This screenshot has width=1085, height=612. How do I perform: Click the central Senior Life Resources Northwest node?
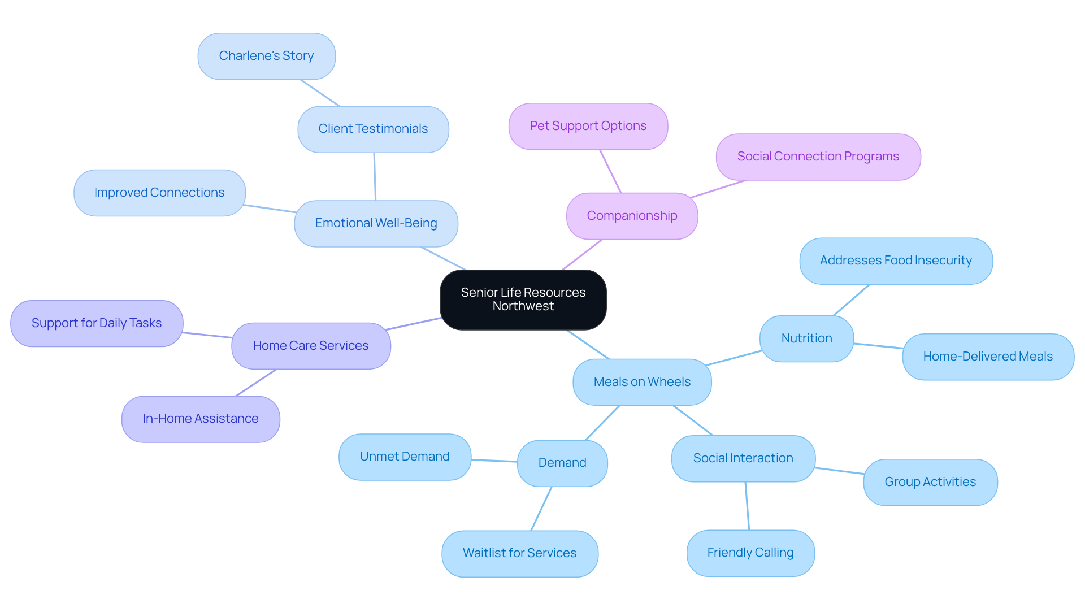pos(523,300)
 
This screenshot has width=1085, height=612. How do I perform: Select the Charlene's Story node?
pos(266,56)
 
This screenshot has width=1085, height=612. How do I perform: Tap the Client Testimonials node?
pos(373,129)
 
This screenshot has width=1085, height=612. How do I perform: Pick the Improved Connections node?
pos(159,193)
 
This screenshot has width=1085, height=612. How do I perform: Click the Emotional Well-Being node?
pos(376,223)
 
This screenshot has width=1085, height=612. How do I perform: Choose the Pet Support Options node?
pos(588,126)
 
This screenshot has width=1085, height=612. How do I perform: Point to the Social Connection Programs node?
pos(818,157)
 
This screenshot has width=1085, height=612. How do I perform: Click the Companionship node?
pos(632,216)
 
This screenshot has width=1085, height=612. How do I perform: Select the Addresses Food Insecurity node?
pos(896,261)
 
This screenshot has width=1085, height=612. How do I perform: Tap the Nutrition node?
pos(806,338)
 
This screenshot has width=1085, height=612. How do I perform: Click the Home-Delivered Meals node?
pos(988,357)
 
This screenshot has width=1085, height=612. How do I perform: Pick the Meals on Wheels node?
pos(642,382)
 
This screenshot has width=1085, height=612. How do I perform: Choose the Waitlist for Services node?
pos(519,553)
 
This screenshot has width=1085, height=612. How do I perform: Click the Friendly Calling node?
pos(750,553)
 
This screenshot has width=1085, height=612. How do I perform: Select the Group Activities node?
pos(930,482)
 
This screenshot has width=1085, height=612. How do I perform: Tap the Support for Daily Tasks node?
pos(97,323)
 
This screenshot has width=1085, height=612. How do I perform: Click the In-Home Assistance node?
pos(201,419)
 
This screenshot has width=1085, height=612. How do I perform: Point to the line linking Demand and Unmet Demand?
pos(494,461)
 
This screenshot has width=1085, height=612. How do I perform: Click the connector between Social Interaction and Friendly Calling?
pos(747,506)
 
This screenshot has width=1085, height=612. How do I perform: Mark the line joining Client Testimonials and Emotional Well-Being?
pos(375,176)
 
